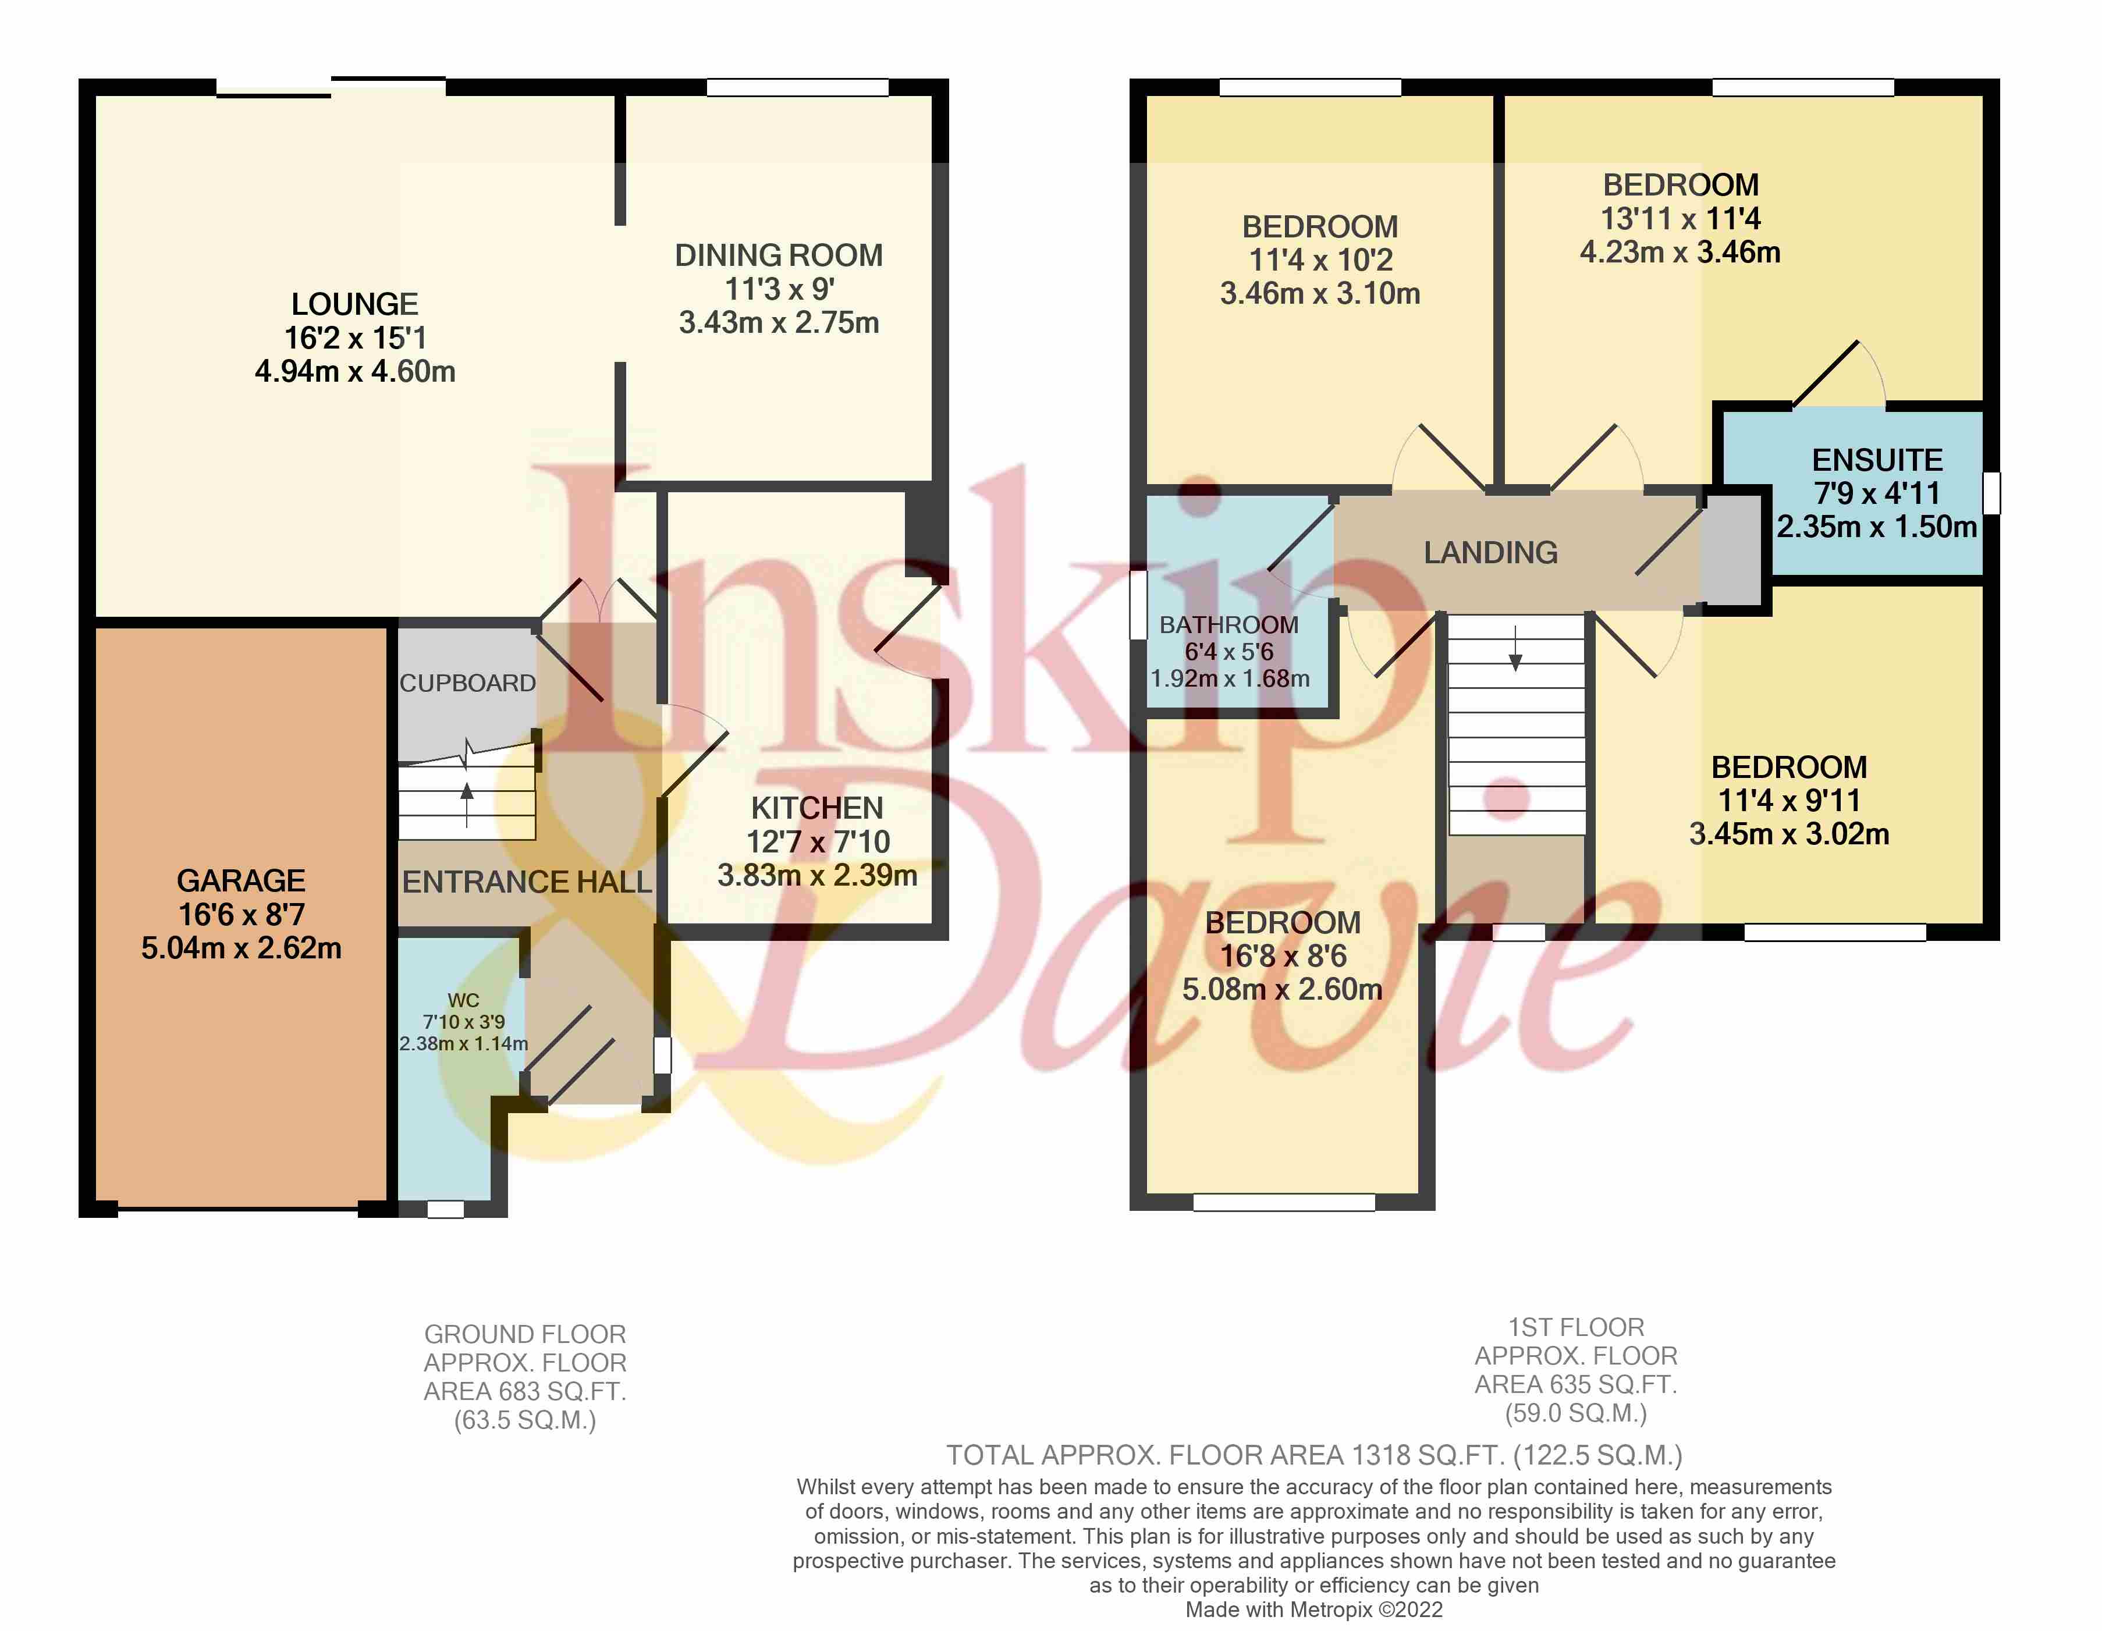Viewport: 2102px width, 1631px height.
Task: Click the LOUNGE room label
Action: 354,304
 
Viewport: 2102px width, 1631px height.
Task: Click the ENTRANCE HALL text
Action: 527,882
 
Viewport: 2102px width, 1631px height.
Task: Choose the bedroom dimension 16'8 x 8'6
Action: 1283,955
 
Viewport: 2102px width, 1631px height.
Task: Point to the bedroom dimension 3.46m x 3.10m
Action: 1319,293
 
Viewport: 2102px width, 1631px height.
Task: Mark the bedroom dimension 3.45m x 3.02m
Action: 1788,833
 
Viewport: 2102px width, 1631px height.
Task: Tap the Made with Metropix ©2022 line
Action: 1314,1609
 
